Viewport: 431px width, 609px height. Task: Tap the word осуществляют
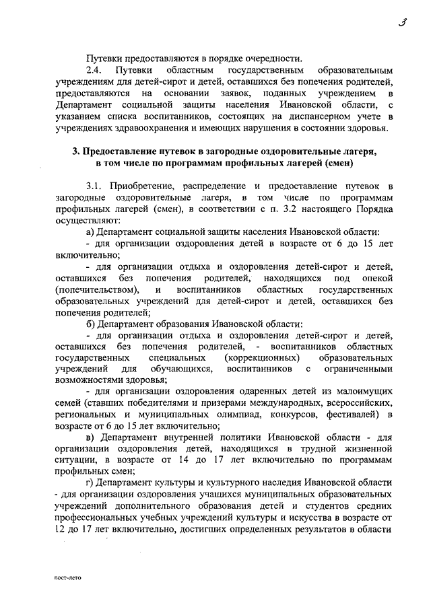88,220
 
